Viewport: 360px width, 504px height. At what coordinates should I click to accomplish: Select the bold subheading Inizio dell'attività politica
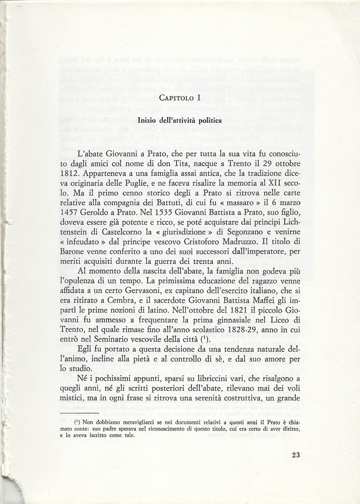(x=180, y=120)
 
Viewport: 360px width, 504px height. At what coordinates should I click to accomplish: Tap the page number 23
(x=296, y=455)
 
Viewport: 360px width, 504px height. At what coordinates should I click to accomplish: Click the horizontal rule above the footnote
(x=78, y=413)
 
